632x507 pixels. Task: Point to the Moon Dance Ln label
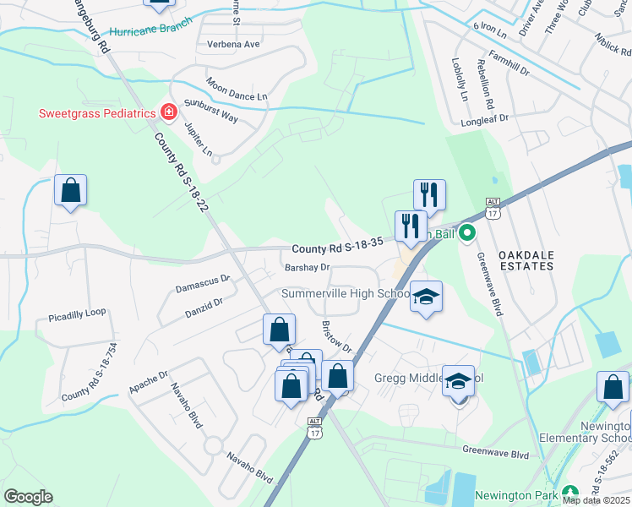coord(237,90)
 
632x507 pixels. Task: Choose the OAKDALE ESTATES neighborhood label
coord(526,259)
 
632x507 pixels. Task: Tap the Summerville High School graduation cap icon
coord(426,297)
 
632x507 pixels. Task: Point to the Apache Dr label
coord(149,379)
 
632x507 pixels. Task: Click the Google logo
coord(28,497)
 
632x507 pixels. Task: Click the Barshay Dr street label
coord(307,268)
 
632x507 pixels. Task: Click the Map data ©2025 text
coord(596,499)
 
